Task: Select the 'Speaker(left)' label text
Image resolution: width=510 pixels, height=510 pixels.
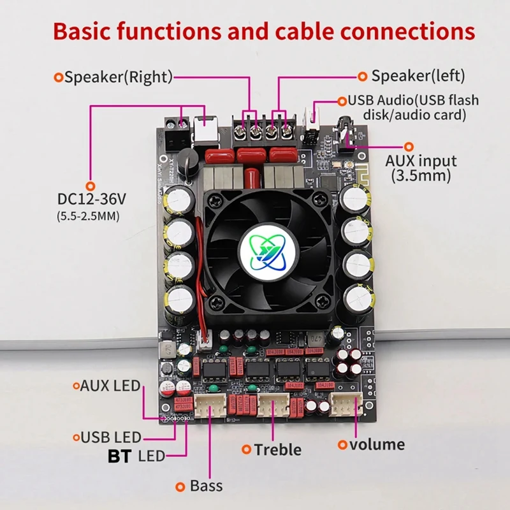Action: pyautogui.click(x=418, y=76)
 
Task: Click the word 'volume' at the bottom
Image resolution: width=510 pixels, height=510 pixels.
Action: pyautogui.click(x=377, y=444)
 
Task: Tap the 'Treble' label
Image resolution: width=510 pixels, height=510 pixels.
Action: pyautogui.click(x=277, y=449)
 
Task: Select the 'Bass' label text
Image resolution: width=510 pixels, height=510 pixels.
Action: pyautogui.click(x=206, y=486)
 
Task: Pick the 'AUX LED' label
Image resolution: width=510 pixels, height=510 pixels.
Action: pyautogui.click(x=110, y=386)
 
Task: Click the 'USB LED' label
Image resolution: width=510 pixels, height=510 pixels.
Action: pyautogui.click(x=111, y=438)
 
